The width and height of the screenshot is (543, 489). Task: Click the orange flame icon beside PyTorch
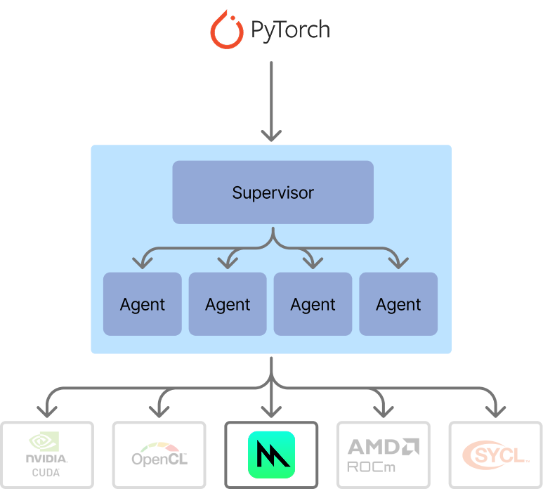coord(226,29)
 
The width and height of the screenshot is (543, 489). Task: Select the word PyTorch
coord(289,30)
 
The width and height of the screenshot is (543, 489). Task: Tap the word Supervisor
coord(273,193)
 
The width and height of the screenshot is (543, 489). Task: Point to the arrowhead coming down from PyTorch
coord(271,134)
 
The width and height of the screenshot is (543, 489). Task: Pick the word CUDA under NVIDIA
coord(46,473)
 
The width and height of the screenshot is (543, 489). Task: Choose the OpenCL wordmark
coord(159,459)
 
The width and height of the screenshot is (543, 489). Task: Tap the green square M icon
coord(271,455)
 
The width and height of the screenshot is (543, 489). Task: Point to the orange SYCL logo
coord(495,455)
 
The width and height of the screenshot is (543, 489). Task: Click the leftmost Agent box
coord(143,304)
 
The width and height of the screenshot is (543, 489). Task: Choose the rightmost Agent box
coord(398,304)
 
